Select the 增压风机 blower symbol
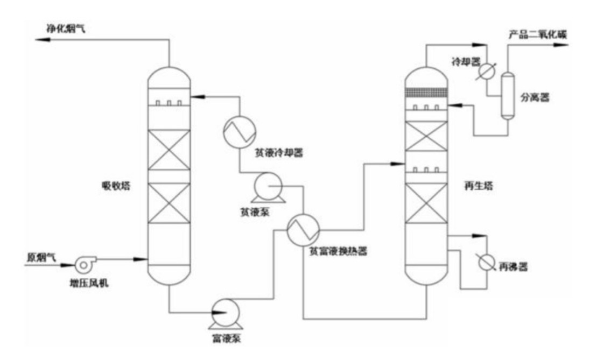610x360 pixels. point(85,264)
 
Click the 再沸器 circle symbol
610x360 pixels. point(486,262)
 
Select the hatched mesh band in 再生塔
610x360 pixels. point(426,93)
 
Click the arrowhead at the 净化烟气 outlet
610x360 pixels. point(38,40)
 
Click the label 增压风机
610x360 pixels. point(89,281)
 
